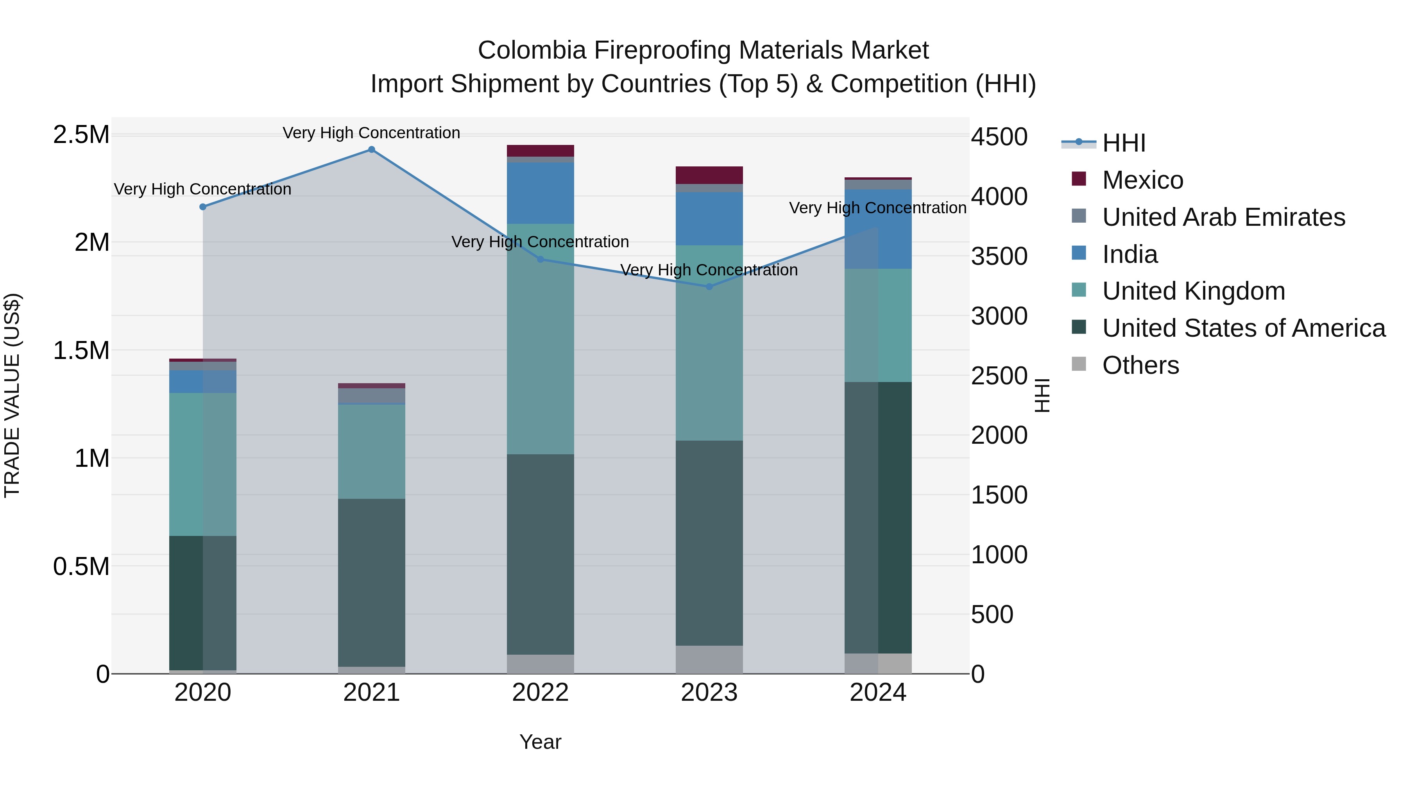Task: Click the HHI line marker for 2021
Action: [371, 150]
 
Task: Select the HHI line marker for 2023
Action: [709, 287]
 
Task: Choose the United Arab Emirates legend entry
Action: [1223, 217]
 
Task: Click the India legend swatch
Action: [1079, 253]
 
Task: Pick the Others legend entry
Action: [1140, 365]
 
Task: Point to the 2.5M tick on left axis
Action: [81, 135]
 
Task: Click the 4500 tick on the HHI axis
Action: [999, 137]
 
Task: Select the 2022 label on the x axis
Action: [540, 693]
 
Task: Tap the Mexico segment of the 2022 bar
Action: [540, 151]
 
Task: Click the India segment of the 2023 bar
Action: [709, 218]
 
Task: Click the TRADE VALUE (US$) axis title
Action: [12, 395]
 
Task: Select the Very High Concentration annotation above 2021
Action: [371, 133]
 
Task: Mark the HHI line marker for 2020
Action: [202, 207]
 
